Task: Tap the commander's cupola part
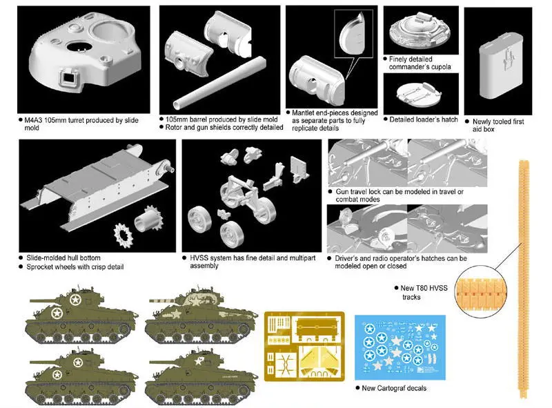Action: click(x=422, y=32)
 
